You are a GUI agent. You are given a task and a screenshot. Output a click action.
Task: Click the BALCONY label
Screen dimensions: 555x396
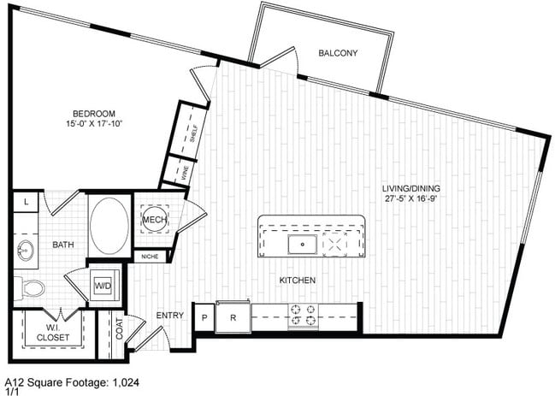[x=338, y=53]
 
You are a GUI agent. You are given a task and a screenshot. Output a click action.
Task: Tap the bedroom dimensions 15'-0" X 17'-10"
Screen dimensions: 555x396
[x=94, y=123]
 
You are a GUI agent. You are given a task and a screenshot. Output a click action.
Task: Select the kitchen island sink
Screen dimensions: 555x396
[x=302, y=244]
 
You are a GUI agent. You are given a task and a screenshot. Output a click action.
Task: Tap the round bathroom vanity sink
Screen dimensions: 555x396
[x=26, y=250]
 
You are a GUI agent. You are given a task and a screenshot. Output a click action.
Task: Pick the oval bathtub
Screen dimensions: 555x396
[x=109, y=226]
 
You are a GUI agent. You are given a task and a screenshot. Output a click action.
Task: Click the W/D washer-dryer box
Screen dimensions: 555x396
[x=103, y=286]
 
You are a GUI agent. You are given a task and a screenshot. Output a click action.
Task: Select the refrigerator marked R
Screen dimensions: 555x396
[x=233, y=317]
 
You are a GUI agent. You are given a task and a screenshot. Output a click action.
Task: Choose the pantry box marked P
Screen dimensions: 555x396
[x=204, y=318]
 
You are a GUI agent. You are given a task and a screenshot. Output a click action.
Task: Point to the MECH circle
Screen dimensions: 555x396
[x=155, y=220]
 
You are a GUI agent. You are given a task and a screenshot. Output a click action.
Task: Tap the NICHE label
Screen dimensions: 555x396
[x=150, y=257]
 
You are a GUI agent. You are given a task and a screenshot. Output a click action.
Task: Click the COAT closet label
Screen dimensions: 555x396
[x=119, y=328]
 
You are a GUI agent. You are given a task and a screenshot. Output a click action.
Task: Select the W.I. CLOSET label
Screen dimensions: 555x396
[x=53, y=333]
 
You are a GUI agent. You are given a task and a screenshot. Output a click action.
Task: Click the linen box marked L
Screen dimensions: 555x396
[x=26, y=202]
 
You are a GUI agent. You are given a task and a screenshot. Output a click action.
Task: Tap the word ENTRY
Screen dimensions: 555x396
[x=170, y=316]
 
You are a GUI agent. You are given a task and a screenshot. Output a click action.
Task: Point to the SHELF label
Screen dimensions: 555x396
[x=193, y=133]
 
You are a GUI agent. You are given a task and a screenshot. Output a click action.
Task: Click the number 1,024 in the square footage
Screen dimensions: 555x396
[x=126, y=382]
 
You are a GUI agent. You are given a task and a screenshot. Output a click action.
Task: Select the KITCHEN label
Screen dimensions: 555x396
[x=298, y=281]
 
